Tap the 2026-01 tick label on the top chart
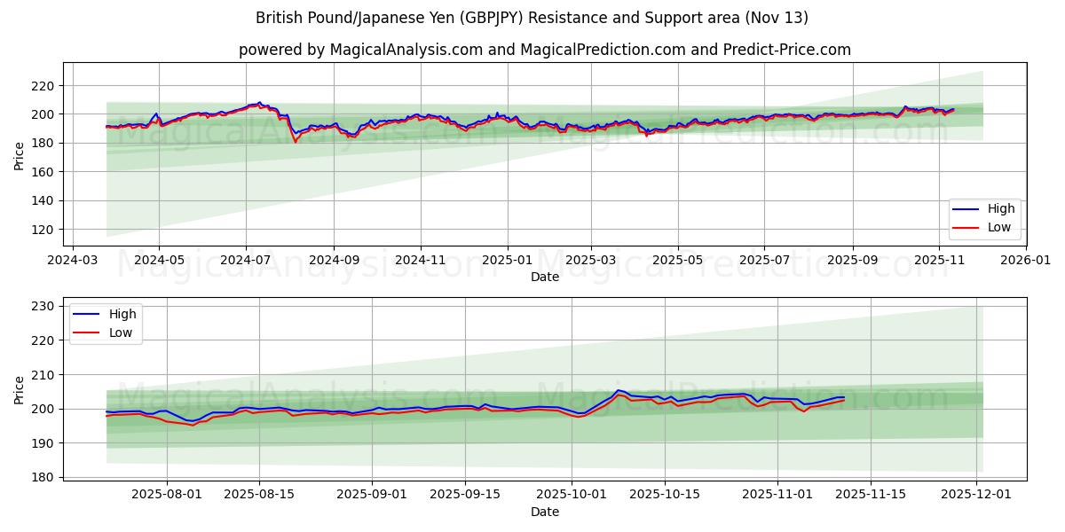tap(1025, 262)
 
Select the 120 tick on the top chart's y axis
tap(41, 230)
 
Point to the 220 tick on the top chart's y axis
tap(41, 86)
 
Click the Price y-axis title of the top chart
tap(20, 156)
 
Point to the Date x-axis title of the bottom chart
tap(544, 512)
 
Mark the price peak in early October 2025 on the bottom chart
tap(619, 390)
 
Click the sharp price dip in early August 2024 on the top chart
tap(296, 140)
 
